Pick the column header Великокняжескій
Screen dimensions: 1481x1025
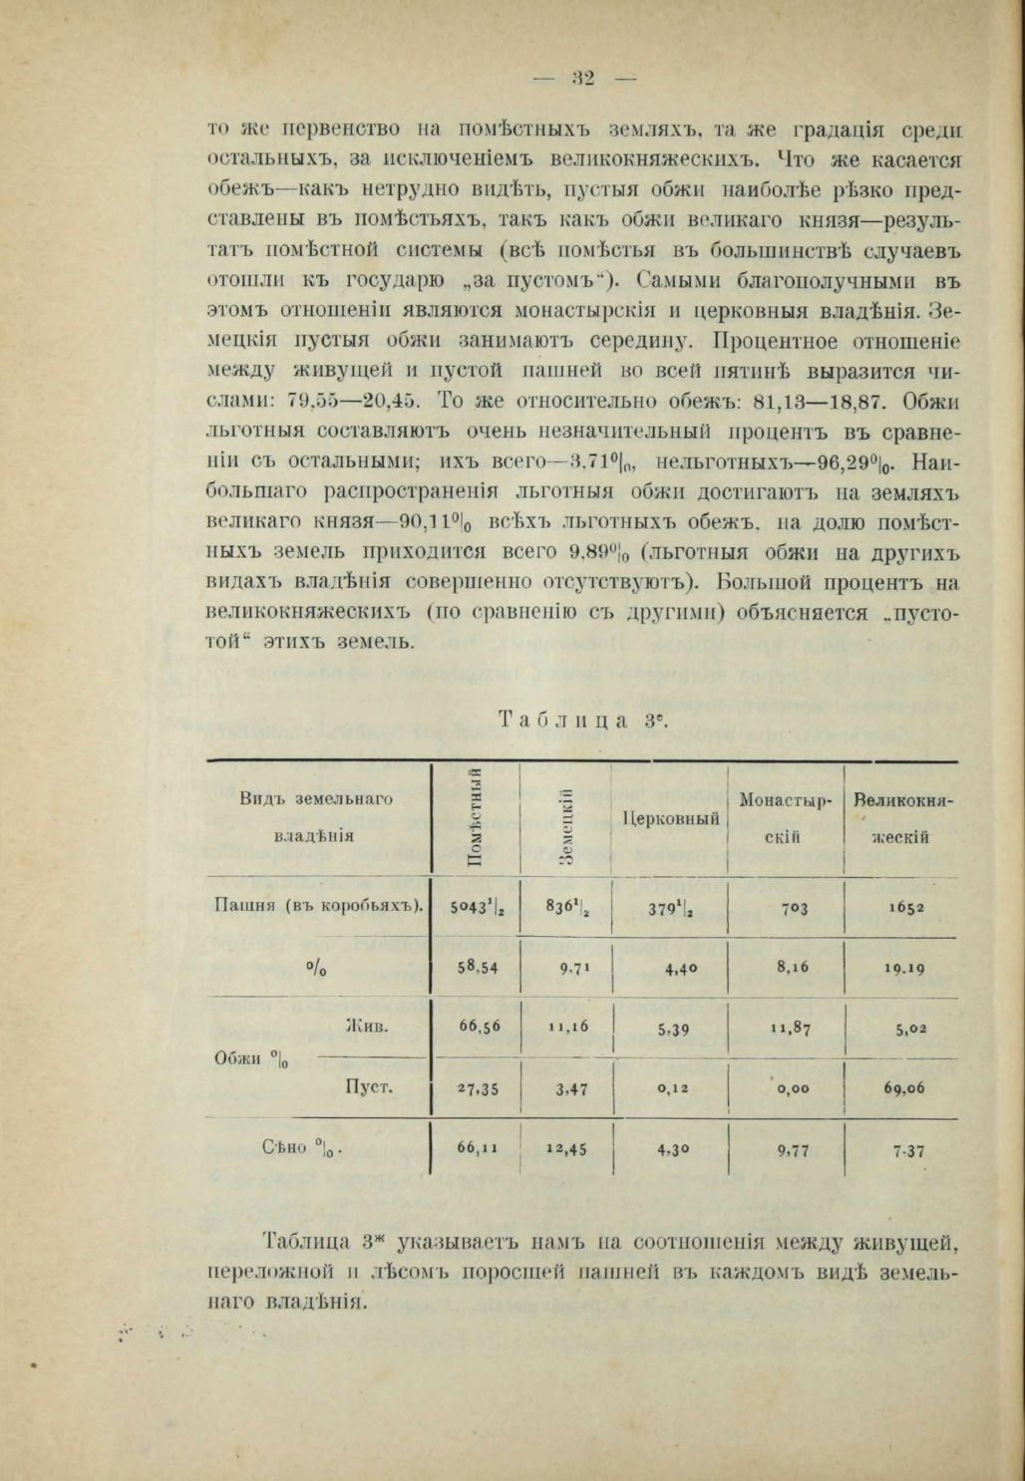coord(900,817)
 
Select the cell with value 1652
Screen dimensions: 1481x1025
coord(901,907)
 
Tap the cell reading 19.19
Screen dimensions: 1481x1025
coord(901,967)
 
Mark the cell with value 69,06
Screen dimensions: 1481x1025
coord(902,1088)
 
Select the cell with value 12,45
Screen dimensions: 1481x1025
coord(565,1149)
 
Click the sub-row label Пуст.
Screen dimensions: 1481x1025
coord(366,1085)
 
